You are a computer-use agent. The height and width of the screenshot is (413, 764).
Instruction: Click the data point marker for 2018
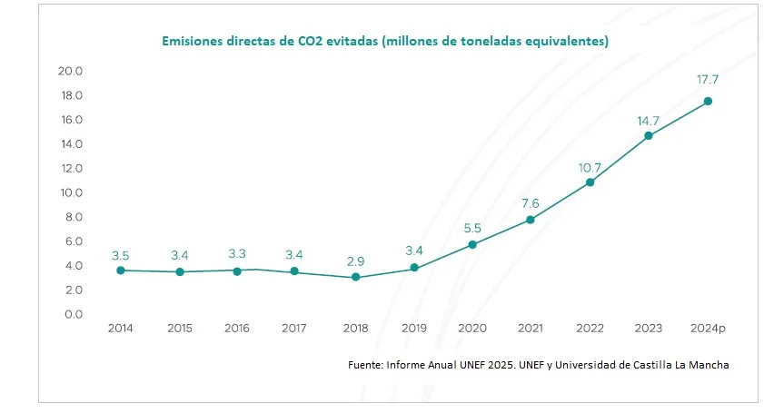coord(355,277)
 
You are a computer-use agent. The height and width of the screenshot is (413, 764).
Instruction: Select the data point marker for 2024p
coord(708,101)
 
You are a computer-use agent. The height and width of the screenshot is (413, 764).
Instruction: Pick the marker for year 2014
coord(121,270)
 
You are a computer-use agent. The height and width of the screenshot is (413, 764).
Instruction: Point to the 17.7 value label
coord(708,80)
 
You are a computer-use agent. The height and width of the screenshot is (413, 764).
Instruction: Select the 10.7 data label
coord(590,168)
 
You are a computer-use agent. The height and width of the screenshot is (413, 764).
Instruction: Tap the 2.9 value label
coord(355,261)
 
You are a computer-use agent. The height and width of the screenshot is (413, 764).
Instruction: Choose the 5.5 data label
coord(472,229)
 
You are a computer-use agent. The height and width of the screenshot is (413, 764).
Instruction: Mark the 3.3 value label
coord(238,255)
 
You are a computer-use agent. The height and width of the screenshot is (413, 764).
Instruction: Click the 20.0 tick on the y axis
coord(70,71)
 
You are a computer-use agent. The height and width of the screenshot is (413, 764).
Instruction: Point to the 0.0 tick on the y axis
coord(72,314)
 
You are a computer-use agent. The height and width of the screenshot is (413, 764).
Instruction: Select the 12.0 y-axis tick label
coord(71,168)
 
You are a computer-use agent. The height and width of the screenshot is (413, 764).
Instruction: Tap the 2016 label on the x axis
coord(238,329)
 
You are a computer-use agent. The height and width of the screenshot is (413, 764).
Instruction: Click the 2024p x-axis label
coord(708,329)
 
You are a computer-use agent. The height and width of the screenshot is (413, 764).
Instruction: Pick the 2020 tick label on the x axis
coord(472,329)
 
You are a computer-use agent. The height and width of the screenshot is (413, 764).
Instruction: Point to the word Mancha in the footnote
coord(708,365)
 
